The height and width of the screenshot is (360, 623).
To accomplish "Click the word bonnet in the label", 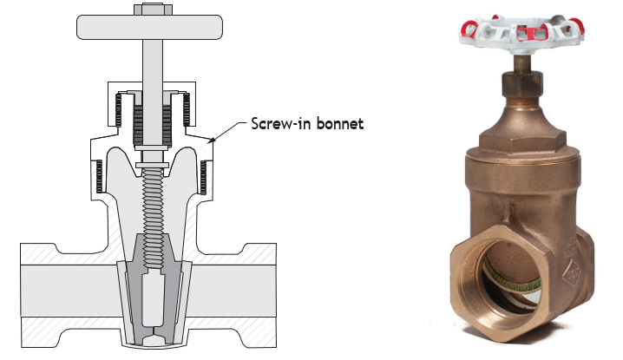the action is point(340,123).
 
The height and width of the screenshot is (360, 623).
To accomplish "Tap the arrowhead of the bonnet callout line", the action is point(213,140).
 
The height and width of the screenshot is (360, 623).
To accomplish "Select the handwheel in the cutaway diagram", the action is point(149,27).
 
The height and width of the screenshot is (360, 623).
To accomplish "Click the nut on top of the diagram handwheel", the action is point(153,10).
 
